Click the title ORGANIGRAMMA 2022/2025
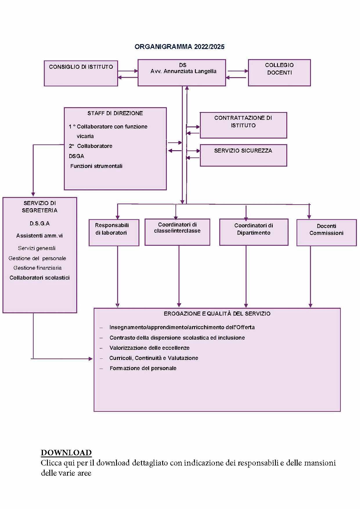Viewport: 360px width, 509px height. point(180,47)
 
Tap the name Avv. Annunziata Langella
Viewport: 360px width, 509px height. point(183,71)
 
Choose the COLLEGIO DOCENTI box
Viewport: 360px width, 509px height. point(279,73)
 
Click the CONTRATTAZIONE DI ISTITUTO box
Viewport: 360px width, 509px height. point(243,125)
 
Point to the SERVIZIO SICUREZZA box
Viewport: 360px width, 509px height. point(243,155)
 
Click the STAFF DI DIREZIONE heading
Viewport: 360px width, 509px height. point(115,113)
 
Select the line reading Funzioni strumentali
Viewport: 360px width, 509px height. point(96,166)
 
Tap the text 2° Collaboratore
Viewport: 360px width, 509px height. point(91,146)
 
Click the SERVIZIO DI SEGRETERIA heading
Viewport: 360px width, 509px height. point(40,207)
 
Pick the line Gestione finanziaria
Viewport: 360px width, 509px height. point(37,268)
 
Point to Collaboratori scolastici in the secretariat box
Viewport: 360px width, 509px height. point(39,278)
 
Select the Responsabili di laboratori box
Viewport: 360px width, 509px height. point(114,232)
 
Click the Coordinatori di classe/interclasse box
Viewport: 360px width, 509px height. point(177,232)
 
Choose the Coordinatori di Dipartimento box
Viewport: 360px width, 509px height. point(254,232)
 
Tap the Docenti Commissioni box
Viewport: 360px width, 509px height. point(326,233)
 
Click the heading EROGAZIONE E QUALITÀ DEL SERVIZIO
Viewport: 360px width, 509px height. point(217,314)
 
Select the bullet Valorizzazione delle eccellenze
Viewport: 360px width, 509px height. point(149,348)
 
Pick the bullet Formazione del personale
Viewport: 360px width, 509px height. point(143,368)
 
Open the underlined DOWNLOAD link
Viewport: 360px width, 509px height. point(66,453)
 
